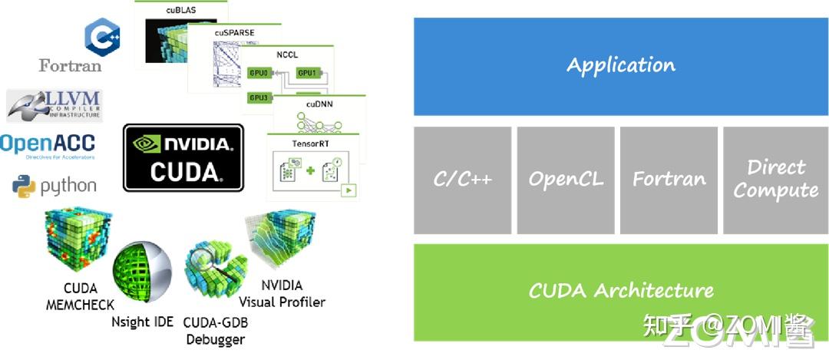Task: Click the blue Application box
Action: coord(621,66)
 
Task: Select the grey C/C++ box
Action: coord(462,180)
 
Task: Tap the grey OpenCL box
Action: coord(565,180)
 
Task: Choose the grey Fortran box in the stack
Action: coord(669,180)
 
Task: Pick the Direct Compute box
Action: coord(775,180)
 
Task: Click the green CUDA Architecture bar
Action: coord(621,292)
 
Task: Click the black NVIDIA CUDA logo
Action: coord(183,158)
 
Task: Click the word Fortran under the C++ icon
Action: coord(70,66)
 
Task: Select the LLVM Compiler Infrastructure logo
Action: coord(54,105)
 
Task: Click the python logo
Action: coord(54,186)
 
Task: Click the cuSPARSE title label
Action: coord(234,33)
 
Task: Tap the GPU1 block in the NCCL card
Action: coord(307,73)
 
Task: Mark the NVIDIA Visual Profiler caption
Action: coord(282,294)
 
